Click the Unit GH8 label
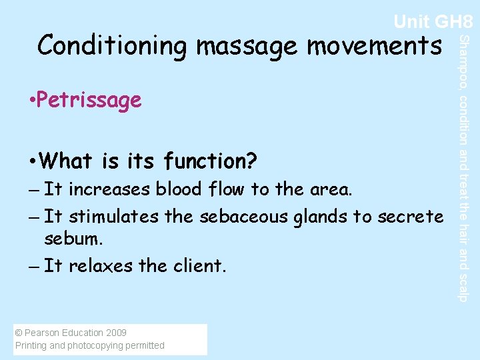(x=433, y=22)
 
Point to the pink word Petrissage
(x=89, y=101)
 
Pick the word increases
(x=110, y=190)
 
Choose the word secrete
(x=410, y=217)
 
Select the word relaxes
(x=101, y=266)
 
